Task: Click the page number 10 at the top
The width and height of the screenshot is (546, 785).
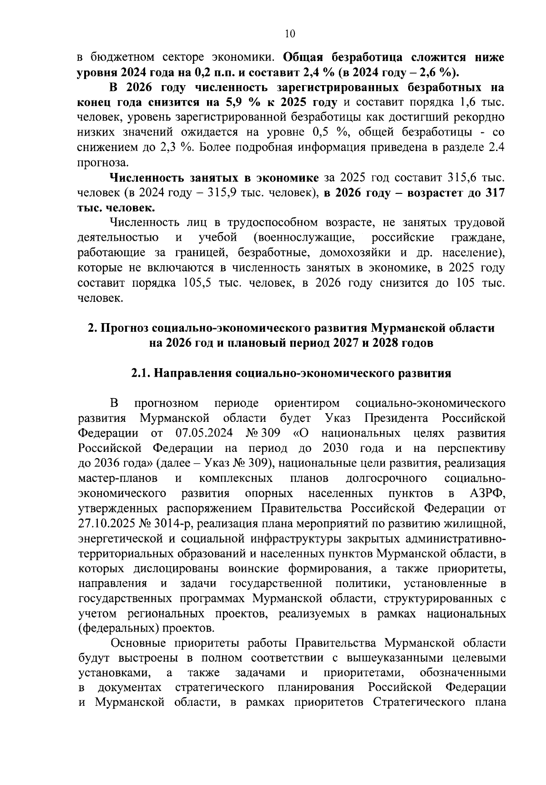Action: tap(289, 33)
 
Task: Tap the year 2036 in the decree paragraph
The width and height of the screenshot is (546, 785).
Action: tap(109, 463)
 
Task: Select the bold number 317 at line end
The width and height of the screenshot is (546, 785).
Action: tap(495, 192)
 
